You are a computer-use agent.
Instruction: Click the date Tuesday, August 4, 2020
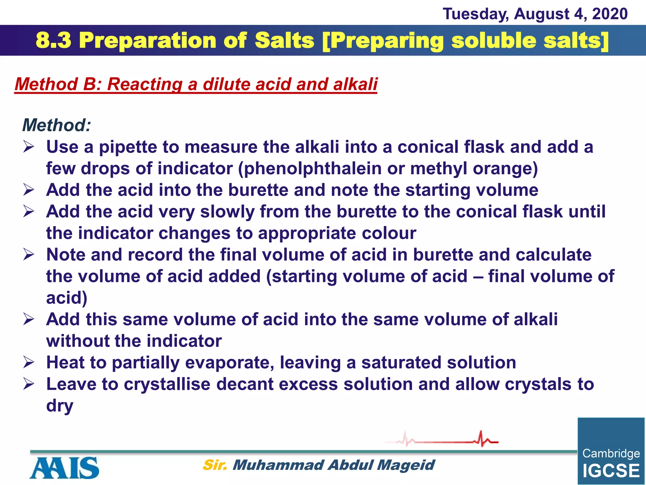click(x=535, y=14)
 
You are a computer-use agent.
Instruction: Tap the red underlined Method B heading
click(x=196, y=84)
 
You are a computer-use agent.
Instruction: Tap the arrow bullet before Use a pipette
click(x=28, y=147)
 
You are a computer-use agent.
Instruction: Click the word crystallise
click(x=167, y=384)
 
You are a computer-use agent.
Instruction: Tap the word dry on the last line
click(x=60, y=406)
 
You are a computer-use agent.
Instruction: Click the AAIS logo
click(x=65, y=468)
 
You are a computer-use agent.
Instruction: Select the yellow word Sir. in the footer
click(x=215, y=465)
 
